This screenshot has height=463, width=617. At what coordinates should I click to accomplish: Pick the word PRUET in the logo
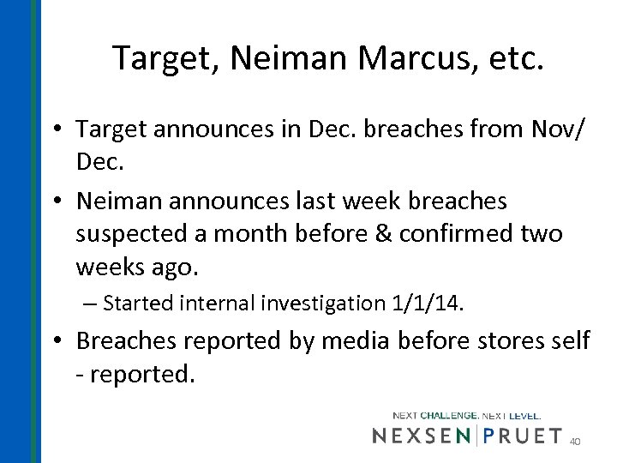pos(524,436)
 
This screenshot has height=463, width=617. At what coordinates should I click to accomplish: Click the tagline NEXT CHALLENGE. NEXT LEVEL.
pos(467,415)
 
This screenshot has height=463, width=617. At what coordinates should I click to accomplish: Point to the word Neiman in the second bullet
pos(117,201)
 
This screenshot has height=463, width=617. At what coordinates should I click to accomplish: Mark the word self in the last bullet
pos(569,340)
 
